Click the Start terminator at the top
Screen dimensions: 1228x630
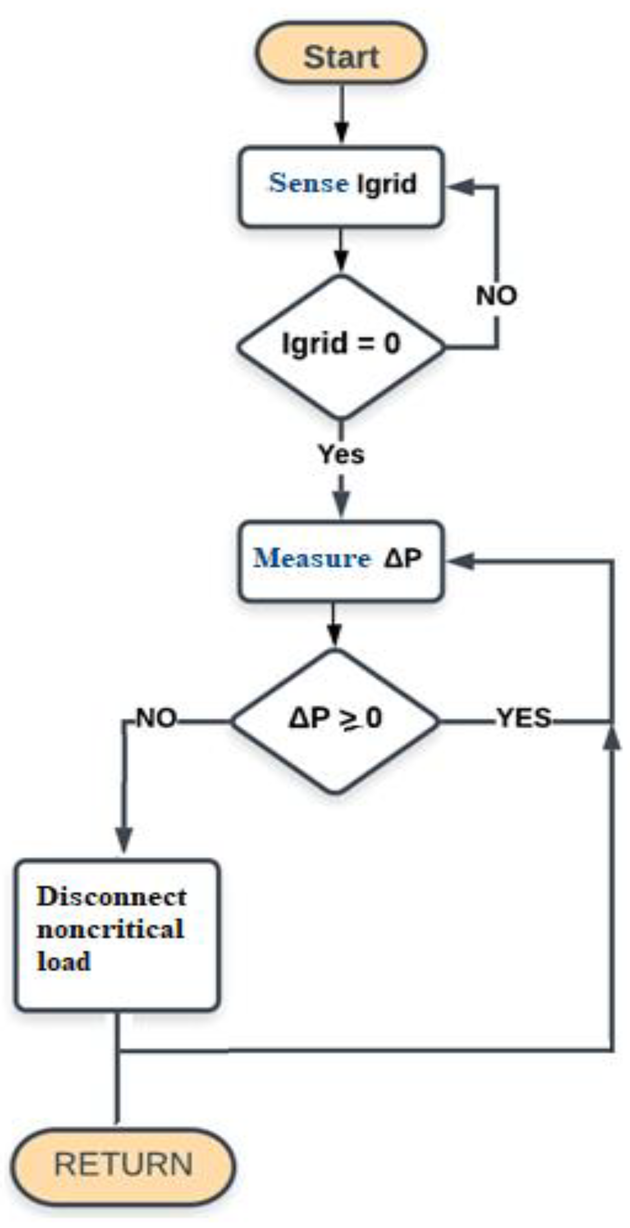point(340,54)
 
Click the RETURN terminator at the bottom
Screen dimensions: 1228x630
point(123,1165)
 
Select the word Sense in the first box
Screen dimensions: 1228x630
point(309,183)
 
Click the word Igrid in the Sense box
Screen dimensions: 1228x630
point(387,184)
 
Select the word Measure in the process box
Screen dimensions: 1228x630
point(312,558)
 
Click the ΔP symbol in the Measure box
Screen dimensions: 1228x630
point(403,558)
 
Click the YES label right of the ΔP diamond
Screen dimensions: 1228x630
point(524,718)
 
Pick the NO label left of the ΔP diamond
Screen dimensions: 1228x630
point(156,718)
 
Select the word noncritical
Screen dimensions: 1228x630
point(110,929)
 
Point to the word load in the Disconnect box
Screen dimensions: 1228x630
point(64,961)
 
